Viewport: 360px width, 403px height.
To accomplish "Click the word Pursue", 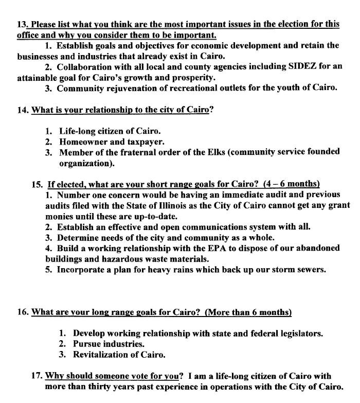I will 85,344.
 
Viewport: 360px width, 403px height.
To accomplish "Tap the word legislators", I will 300,333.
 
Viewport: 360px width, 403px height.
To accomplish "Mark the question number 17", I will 37,376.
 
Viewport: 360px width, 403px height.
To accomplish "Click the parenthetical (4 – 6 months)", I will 292,184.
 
